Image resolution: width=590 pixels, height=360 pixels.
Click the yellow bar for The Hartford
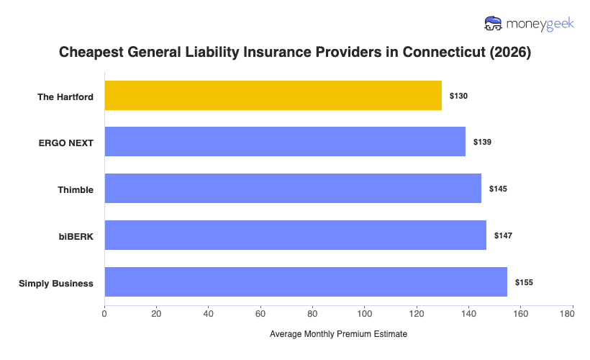coord(273,95)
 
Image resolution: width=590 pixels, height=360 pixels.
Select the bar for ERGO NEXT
coord(285,141)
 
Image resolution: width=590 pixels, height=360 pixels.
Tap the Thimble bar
coord(293,188)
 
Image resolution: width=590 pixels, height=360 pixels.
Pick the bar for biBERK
coord(295,235)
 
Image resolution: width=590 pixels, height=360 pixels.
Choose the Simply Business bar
coord(306,282)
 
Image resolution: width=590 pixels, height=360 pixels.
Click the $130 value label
coord(458,96)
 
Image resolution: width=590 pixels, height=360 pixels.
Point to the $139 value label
coord(482,142)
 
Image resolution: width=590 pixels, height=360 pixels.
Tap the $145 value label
coord(498,189)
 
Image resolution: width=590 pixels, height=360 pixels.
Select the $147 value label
coord(503,235)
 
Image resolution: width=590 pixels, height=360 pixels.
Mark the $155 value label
coord(524,282)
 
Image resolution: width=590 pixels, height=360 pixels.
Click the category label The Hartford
coord(65,96)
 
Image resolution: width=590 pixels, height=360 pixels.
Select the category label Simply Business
coord(56,283)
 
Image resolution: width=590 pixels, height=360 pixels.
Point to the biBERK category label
coord(76,236)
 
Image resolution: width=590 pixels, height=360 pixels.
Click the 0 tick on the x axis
coord(104,313)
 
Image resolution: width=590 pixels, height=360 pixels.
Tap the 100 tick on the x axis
coord(364,313)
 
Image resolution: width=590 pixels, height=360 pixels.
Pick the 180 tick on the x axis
coord(572,313)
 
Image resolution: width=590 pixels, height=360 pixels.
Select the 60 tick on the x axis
coord(260,313)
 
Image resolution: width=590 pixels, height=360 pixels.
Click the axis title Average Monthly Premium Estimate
coord(338,335)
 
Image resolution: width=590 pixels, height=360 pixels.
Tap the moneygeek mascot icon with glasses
coord(494,24)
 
